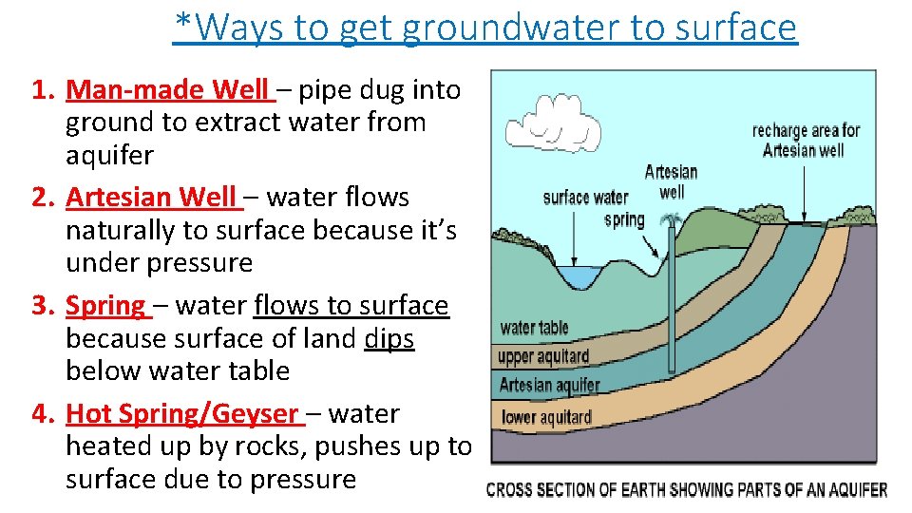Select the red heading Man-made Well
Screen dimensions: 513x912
click(x=168, y=90)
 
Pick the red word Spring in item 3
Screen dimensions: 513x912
click(x=104, y=306)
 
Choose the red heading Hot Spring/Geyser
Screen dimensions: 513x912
click(x=181, y=414)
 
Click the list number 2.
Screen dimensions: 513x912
click(x=40, y=198)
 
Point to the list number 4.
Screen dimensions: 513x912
click(x=40, y=414)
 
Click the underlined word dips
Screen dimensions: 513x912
click(x=389, y=338)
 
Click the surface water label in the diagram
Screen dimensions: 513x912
click(x=585, y=198)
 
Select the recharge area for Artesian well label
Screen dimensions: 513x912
click(x=805, y=140)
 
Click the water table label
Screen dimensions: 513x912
click(x=534, y=329)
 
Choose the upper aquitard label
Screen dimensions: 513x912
click(x=543, y=357)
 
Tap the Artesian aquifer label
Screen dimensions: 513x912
click(x=549, y=386)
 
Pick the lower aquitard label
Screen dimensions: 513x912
click(x=545, y=417)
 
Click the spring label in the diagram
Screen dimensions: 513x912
click(x=624, y=220)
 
